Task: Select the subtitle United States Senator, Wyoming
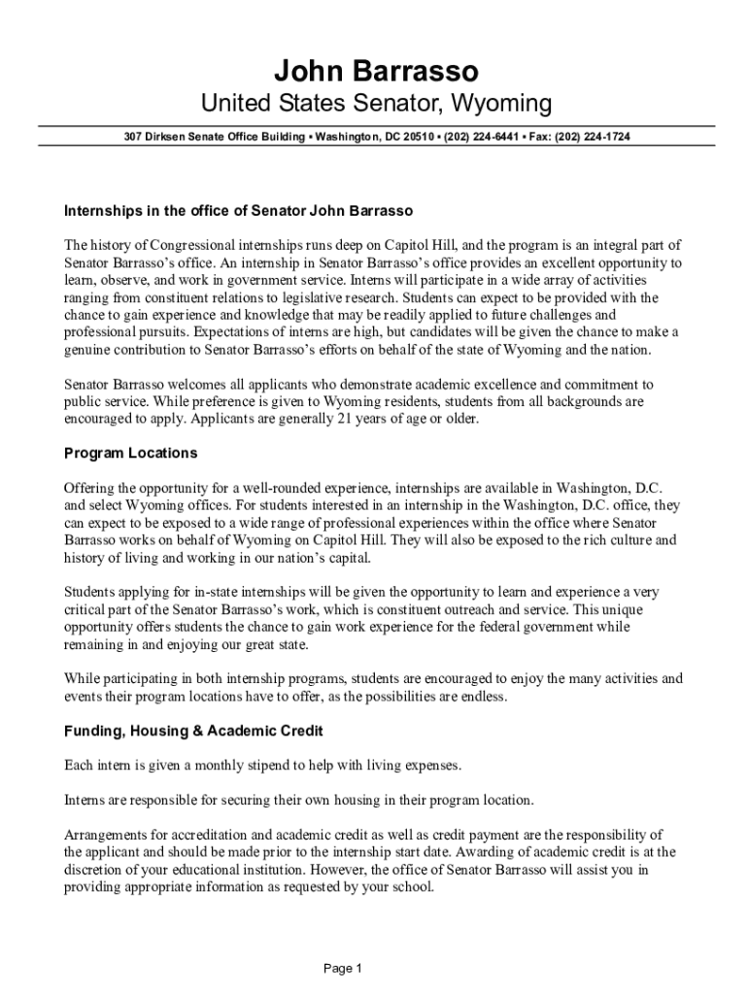click(x=376, y=103)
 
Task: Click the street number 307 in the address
click(x=132, y=137)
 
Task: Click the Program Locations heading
click(x=130, y=453)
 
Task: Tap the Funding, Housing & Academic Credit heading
click(x=193, y=730)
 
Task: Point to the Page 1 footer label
click(x=343, y=968)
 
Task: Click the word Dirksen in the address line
click(x=164, y=137)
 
